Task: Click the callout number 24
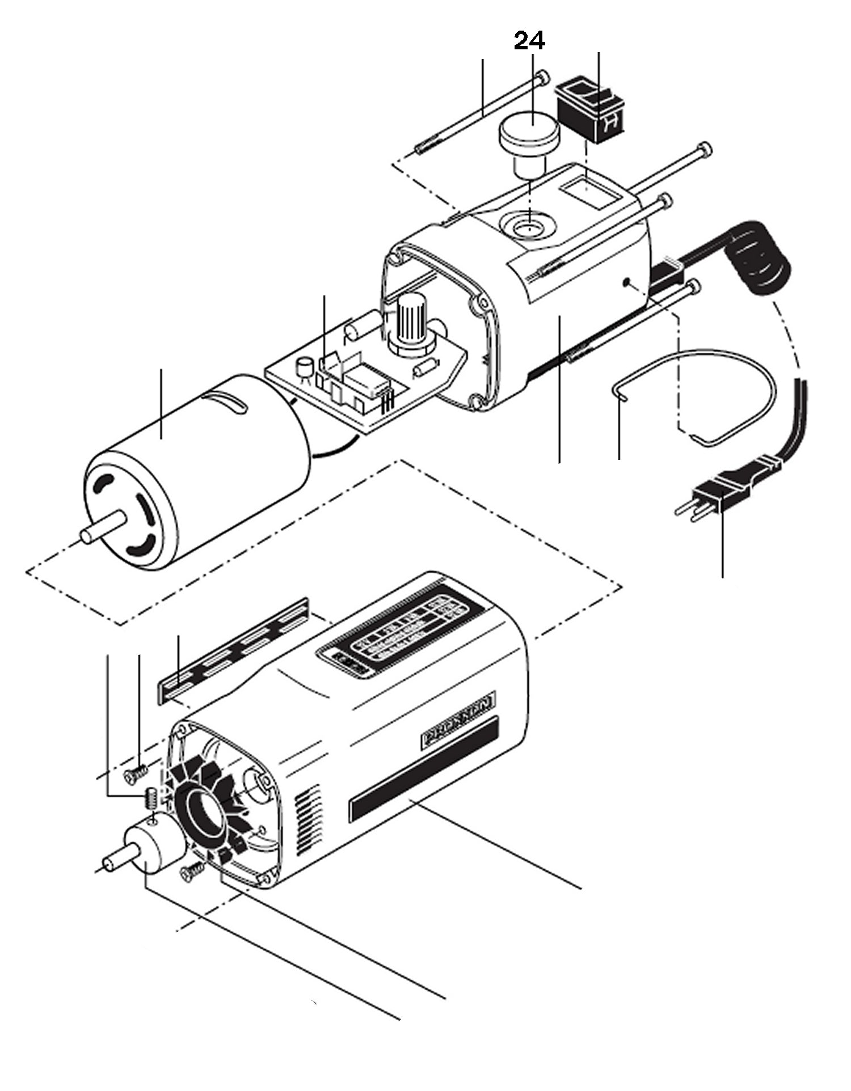point(529,41)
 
